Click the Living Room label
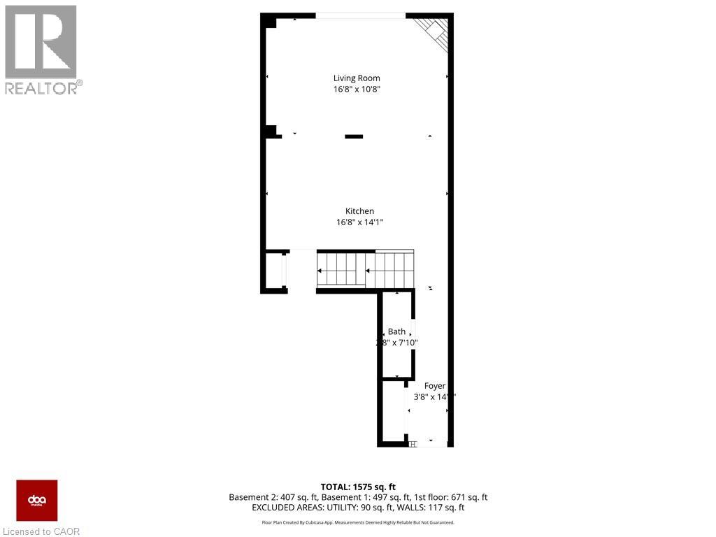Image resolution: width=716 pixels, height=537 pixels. click(357, 78)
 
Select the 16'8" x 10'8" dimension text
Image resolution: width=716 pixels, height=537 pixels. click(357, 89)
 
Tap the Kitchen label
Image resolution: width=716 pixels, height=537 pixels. click(359, 211)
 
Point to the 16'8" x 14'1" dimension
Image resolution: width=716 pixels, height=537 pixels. click(359, 222)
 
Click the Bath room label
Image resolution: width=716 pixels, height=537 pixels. click(396, 331)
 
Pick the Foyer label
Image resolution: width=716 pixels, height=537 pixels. click(434, 386)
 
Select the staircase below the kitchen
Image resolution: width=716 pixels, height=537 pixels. click(365, 269)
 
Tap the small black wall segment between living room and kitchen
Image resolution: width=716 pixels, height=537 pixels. click(354, 136)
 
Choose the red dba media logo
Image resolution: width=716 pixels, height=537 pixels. click(37, 501)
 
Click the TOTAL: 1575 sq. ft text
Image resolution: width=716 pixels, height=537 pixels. click(358, 487)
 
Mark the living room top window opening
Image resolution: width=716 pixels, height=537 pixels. click(359, 15)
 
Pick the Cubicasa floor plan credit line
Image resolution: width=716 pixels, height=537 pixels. click(358, 522)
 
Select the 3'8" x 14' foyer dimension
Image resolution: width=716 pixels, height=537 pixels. click(434, 397)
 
